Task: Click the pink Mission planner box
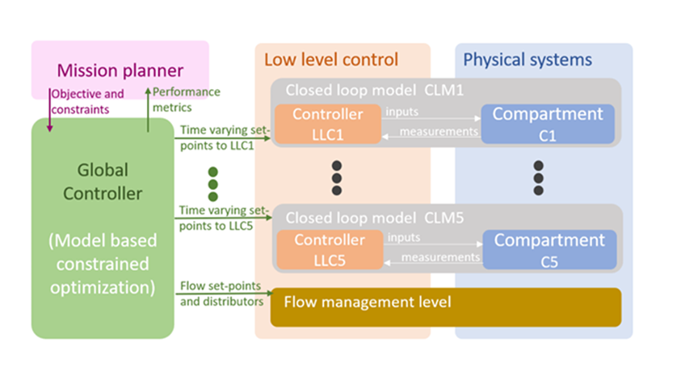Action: pos(120,61)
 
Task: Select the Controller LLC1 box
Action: pos(327,124)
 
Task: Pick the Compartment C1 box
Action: pos(548,124)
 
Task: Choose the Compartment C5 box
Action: pos(549,249)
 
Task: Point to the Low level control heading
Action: pos(331,60)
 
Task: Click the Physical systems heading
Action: pos(527,60)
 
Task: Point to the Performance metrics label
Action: pos(187,99)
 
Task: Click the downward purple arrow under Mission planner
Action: pos(49,113)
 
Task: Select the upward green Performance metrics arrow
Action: pos(148,109)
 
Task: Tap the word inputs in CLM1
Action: pos(401,112)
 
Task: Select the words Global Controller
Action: pos(103,183)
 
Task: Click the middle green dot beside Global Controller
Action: pos(213,184)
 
